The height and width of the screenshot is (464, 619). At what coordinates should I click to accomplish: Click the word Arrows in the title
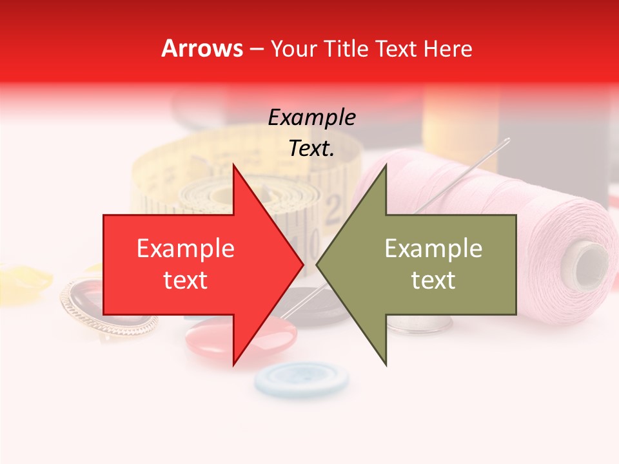202,48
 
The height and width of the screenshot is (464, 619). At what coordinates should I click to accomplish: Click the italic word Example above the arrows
311,118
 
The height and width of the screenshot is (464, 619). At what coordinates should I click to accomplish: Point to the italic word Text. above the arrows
311,148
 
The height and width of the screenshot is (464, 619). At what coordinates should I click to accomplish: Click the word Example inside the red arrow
186,249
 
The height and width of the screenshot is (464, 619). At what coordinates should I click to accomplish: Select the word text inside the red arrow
186,280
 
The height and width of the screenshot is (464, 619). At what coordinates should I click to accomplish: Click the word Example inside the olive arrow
433,249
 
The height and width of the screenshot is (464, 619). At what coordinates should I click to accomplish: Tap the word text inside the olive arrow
433,280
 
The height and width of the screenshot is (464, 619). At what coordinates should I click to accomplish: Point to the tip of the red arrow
302,264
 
